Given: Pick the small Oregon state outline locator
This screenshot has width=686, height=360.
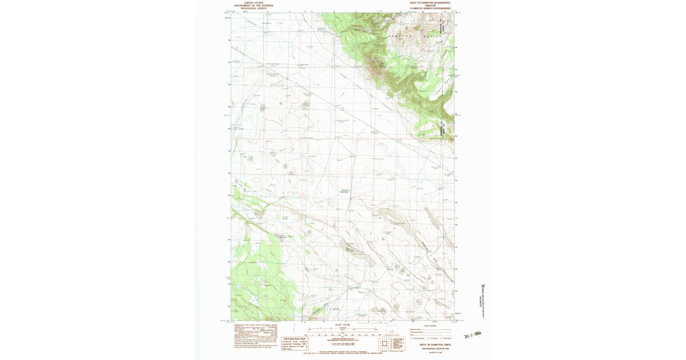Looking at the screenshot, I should [x=392, y=331].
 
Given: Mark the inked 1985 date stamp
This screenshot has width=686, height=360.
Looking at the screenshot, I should [x=474, y=336].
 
